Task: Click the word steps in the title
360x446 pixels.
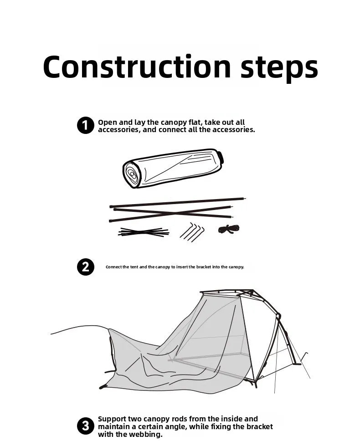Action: tap(279, 68)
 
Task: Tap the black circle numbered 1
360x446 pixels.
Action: tap(85, 125)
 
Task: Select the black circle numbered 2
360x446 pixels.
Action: tap(85, 267)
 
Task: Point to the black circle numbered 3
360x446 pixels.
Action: tap(85, 426)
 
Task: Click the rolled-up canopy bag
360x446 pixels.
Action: tap(173, 168)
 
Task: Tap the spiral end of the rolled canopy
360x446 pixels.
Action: tap(132, 174)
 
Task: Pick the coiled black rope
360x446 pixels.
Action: tap(228, 229)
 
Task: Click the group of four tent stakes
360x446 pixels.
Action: tap(192, 232)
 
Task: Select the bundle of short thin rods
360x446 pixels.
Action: tap(144, 232)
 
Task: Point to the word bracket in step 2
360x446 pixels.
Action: tap(204, 267)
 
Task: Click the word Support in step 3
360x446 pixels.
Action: tap(112, 419)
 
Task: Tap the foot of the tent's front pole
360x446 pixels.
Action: tap(297, 364)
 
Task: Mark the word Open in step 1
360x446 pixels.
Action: tap(107, 123)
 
